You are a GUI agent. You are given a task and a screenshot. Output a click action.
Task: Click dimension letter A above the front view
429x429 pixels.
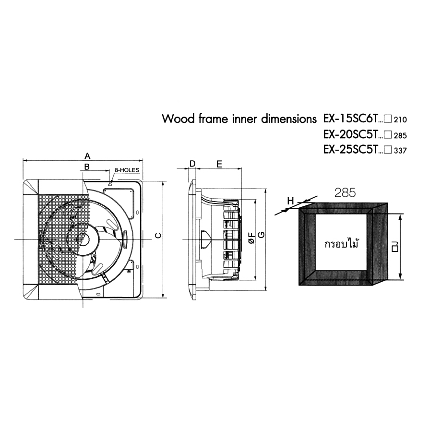coord(87,156)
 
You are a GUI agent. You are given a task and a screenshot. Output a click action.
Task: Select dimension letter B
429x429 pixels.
coord(87,167)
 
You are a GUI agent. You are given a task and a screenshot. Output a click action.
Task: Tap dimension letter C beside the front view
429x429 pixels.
coord(158,236)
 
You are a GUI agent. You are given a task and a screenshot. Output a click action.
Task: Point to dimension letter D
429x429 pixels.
coord(192,164)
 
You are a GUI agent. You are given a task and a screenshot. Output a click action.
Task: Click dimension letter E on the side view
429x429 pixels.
coord(219,164)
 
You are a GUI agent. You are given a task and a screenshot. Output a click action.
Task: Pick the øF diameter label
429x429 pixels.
coord(252,238)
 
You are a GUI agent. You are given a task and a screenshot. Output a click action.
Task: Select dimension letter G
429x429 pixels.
coord(262,235)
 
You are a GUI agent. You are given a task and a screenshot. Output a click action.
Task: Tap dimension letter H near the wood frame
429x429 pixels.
coord(290,201)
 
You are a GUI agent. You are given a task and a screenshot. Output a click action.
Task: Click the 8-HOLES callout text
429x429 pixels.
coord(127,170)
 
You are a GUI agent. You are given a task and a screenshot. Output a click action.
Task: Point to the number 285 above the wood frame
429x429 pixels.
coord(345,193)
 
